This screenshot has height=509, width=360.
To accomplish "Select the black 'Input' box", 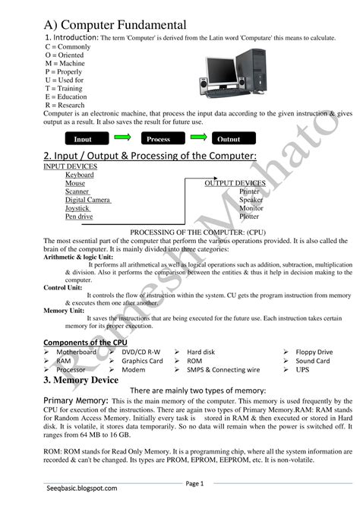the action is tap(83, 139).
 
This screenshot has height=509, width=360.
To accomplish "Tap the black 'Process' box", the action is tap(158, 139).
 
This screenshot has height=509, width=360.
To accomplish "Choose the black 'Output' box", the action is tap(229, 139).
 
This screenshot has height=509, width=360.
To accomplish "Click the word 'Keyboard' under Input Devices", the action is tap(80, 175).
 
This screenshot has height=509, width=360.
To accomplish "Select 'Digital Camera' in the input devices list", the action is tap(88, 200).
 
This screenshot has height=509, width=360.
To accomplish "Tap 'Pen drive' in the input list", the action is tap(79, 217).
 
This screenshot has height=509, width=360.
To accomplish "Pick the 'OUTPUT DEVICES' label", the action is tap(235, 183).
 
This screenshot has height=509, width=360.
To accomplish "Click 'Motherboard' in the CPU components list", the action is tap(76, 352).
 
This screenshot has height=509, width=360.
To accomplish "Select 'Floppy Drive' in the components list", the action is tap(314, 352).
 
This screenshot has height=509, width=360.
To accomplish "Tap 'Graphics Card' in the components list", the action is tap(142, 361).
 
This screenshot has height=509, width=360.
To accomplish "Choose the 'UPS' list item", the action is tap(303, 370).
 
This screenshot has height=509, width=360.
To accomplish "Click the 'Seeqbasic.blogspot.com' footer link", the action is tap(81, 488).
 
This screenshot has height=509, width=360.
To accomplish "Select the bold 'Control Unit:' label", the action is tap(65, 288).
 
